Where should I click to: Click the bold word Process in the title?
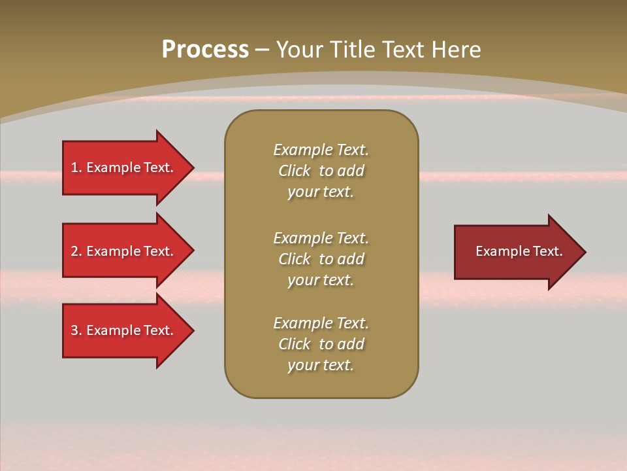tap(205, 50)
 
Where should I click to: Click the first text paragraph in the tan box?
tap(321, 171)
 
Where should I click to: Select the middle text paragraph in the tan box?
tap(321, 259)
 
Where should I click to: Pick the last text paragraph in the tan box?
tap(321, 344)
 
